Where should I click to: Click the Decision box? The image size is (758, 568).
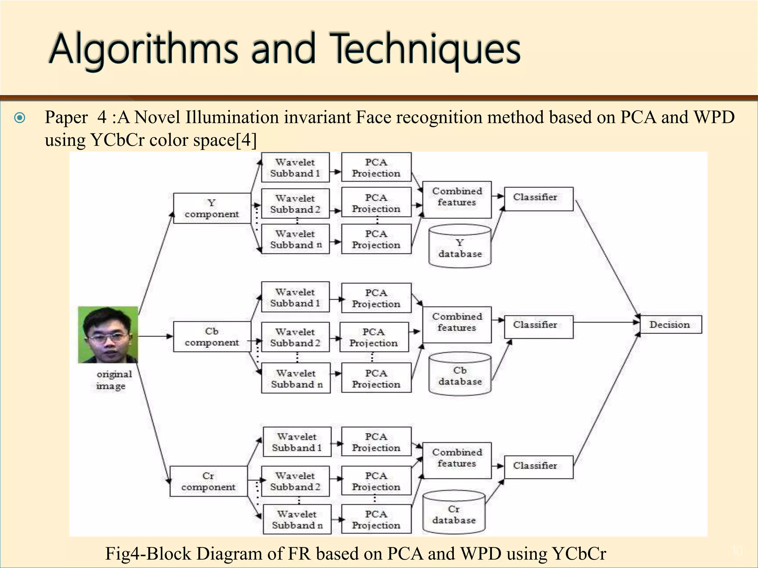[671, 325]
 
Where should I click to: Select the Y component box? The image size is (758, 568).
[212, 208]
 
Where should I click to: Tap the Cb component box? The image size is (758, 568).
[212, 337]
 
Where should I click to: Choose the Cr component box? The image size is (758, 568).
[208, 481]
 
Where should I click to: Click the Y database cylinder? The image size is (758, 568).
[460, 246]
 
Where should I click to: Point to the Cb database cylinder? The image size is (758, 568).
[460, 374]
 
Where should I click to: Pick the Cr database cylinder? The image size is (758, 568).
[454, 513]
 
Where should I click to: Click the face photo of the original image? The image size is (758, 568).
[108, 335]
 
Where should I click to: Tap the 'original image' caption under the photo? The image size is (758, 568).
[113, 380]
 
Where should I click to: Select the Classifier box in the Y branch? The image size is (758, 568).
[539, 199]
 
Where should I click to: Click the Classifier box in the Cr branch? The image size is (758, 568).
[539, 467]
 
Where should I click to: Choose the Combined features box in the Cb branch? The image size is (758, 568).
[457, 325]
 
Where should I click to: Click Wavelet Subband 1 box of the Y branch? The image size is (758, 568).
[295, 168]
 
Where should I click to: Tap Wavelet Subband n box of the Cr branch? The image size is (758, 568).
[297, 519]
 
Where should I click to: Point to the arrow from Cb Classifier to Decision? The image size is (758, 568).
[607, 322]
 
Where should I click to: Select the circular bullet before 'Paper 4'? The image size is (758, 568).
[20, 118]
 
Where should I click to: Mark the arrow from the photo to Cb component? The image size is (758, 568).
[155, 336]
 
